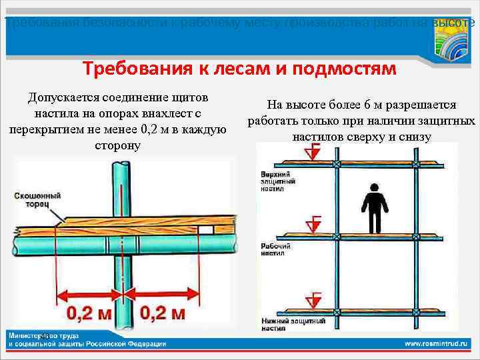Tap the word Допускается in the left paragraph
pos(69,98)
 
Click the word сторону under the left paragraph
pos(117,145)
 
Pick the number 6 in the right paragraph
pos(367,105)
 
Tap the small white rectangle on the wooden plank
pos(205,229)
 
